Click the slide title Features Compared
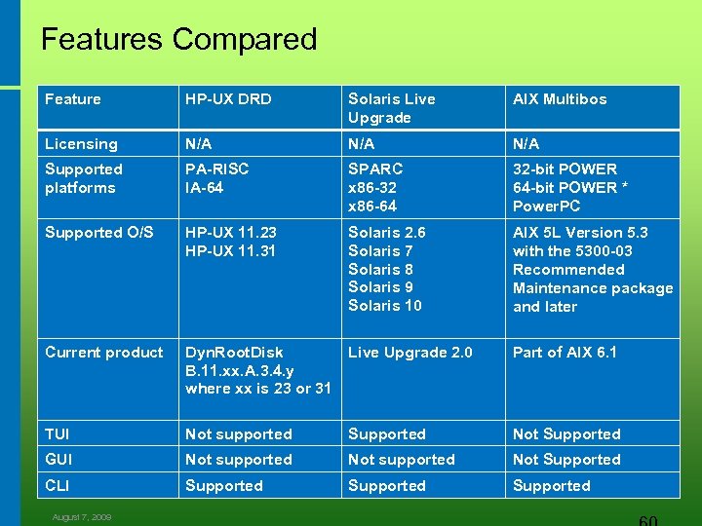point(179,39)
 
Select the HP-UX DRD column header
point(228,99)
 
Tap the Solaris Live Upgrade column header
point(392,108)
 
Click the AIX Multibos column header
point(560,99)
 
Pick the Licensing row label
point(81,144)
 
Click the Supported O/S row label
point(99,233)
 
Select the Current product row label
point(104,353)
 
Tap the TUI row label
point(58,434)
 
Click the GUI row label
point(58,460)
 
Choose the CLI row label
point(57,485)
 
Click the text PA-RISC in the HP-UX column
point(217,169)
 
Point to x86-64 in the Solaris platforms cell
point(373,207)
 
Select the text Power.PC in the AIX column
point(546,207)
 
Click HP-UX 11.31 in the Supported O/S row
point(231,251)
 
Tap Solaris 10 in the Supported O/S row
point(385,307)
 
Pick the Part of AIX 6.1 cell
point(565,353)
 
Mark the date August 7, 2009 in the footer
point(83,517)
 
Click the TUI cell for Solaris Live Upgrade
point(387,434)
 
